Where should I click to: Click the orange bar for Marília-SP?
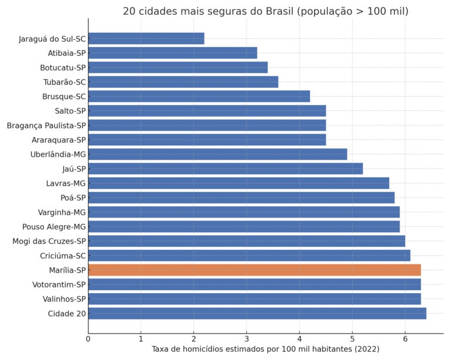254,270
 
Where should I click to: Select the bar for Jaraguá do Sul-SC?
146,39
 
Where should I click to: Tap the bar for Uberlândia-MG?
217,154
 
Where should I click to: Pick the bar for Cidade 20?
257,313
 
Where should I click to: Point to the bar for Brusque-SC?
199,96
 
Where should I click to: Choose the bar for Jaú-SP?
225,169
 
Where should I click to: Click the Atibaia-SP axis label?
67,53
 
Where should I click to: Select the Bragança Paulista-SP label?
46,125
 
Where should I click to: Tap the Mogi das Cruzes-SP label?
49,241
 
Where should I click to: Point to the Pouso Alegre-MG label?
54,226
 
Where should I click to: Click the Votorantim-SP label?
59,284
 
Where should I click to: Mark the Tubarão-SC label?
64,82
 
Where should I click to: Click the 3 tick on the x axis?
247,338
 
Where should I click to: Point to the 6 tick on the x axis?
405,338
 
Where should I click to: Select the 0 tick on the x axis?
88,338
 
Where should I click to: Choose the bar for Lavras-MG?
238,183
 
